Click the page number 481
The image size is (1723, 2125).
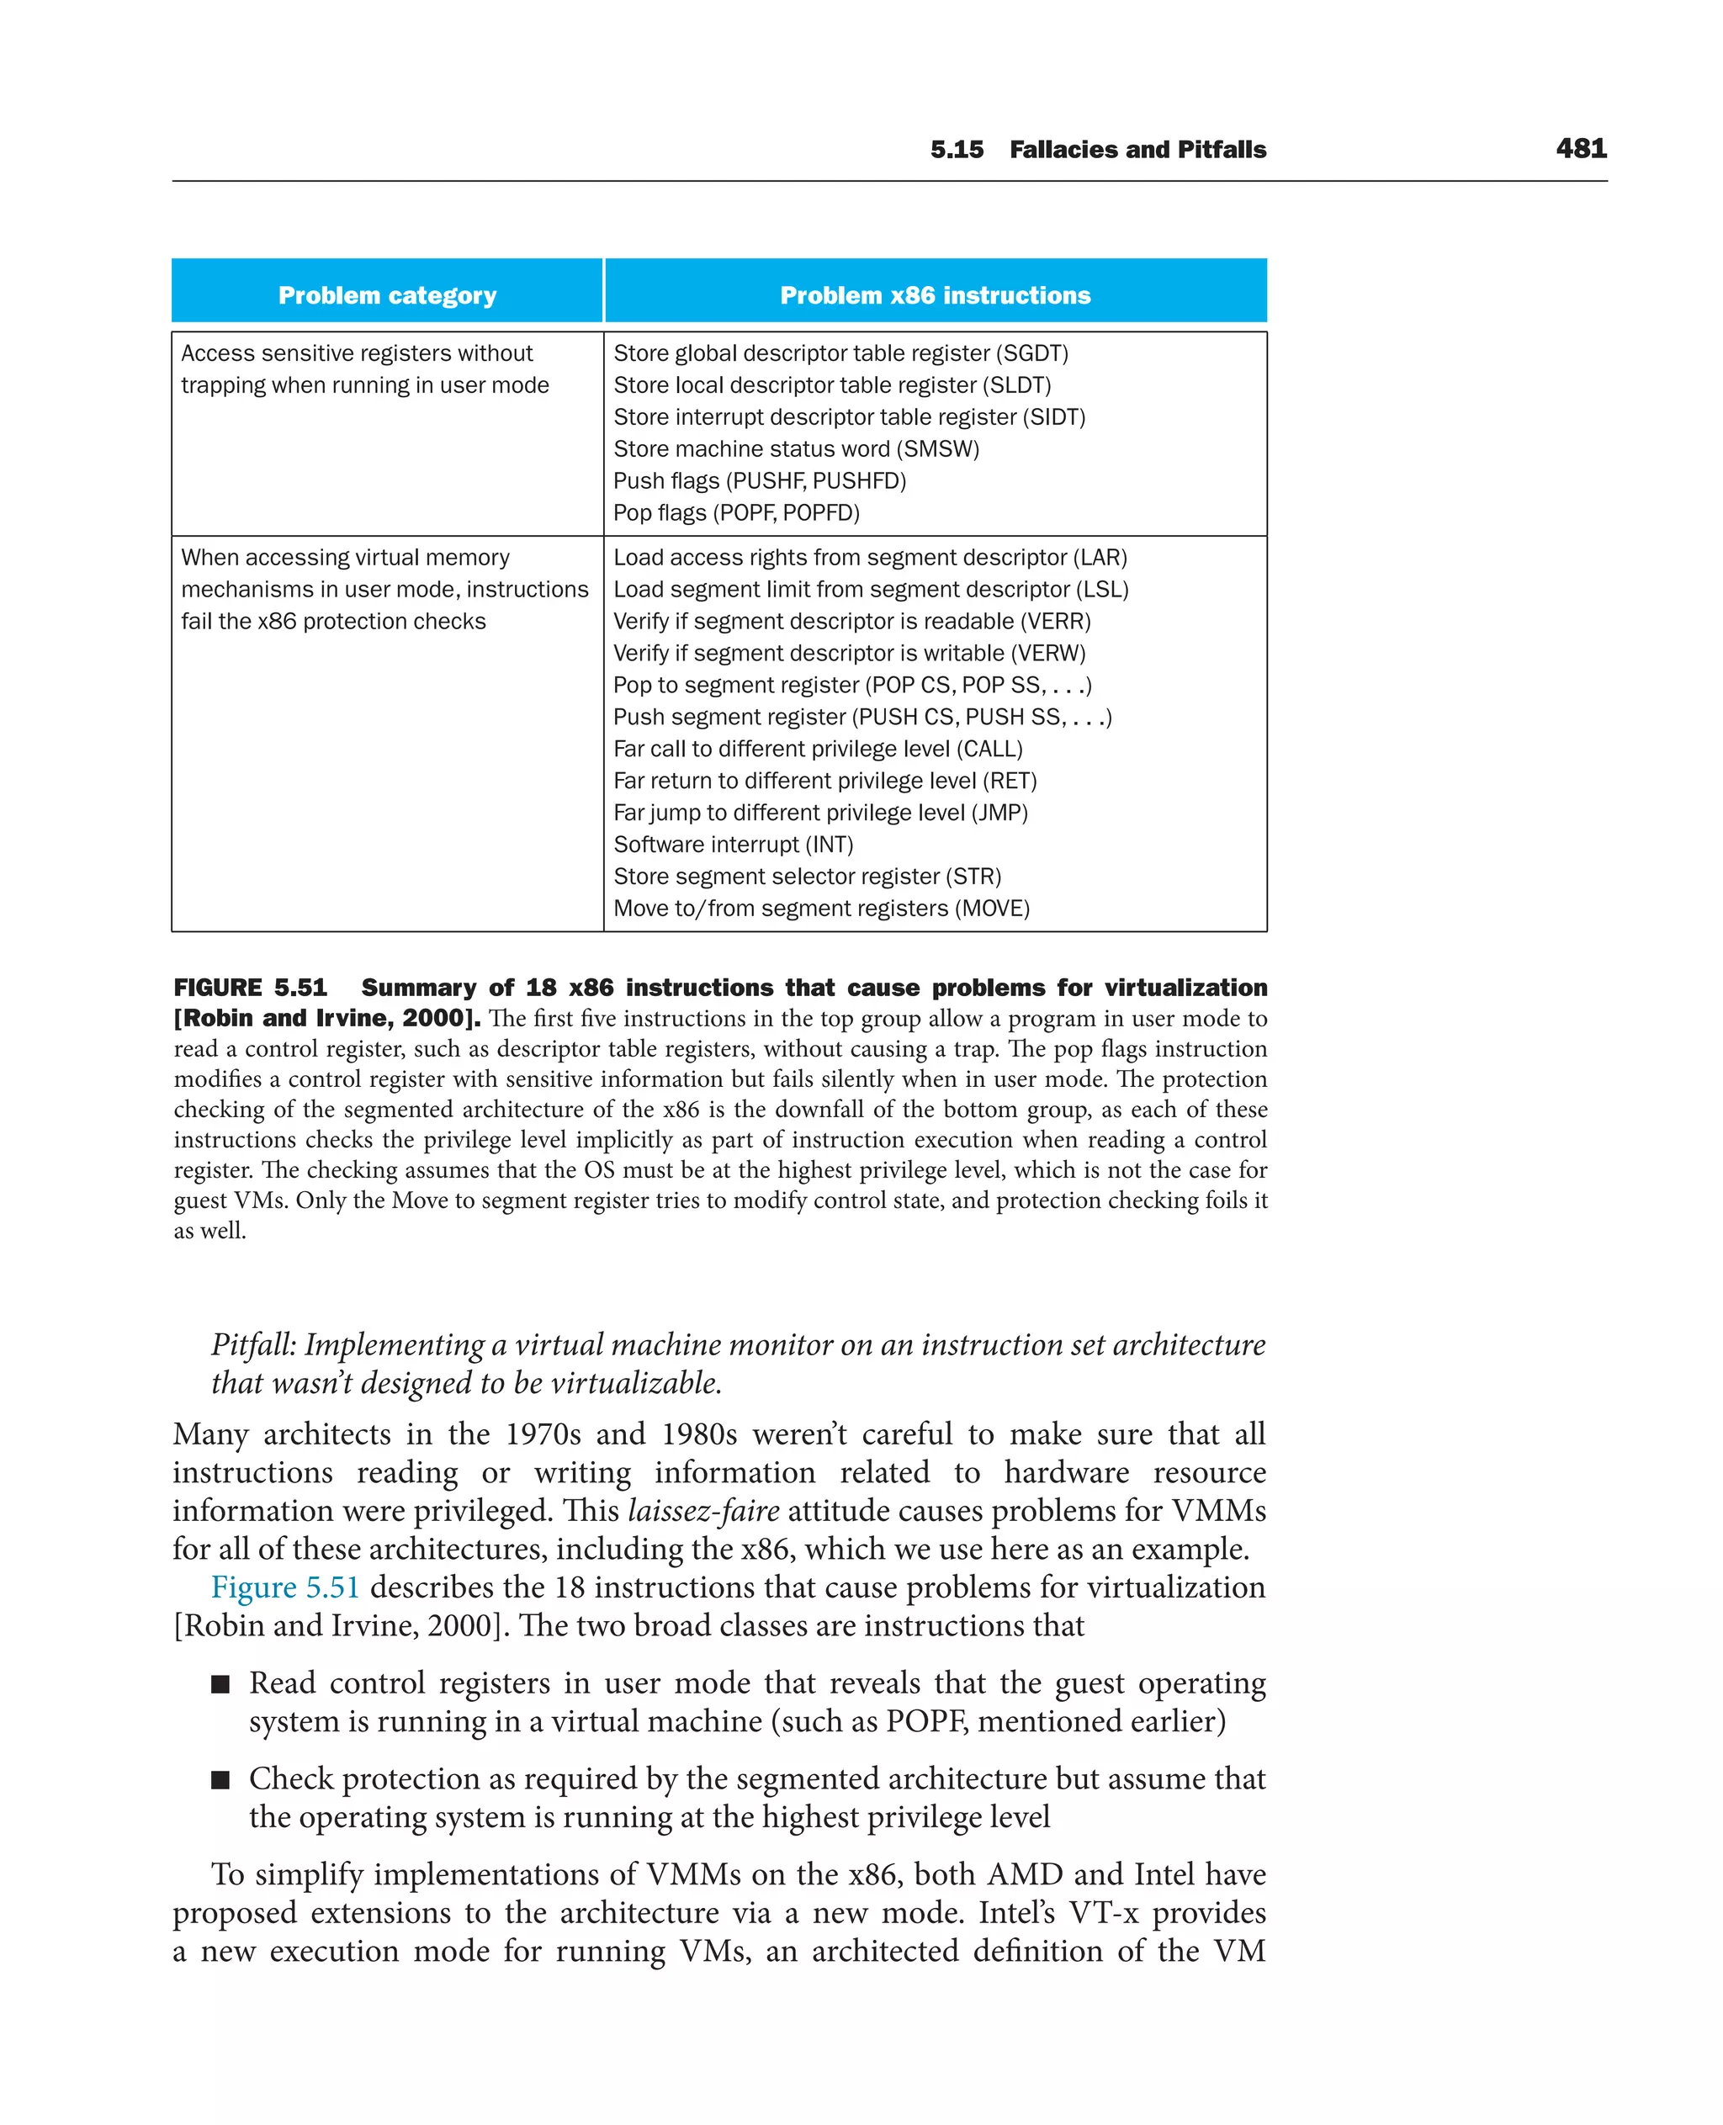(1580, 149)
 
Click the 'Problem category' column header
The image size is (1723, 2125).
(387, 296)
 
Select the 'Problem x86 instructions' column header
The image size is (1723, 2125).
(935, 296)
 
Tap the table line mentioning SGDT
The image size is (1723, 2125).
(840, 353)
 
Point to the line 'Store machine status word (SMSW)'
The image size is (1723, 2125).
(796, 448)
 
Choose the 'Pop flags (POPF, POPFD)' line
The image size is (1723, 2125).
(736, 513)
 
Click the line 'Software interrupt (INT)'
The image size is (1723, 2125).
(733, 845)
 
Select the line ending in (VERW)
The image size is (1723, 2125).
(850, 653)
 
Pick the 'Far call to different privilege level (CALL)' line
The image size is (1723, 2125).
(818, 749)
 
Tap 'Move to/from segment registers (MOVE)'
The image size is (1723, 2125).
(821, 909)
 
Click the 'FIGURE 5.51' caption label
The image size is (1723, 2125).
(250, 988)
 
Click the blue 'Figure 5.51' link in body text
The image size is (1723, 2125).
(285, 1587)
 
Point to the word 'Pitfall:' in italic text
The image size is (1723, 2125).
(253, 1345)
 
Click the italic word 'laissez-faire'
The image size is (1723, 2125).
(702, 1511)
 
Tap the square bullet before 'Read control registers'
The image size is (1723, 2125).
(220, 1683)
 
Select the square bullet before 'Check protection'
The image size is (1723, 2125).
(220, 1779)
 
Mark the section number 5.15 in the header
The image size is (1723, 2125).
(956, 150)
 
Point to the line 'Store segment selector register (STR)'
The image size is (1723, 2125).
(807, 877)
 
